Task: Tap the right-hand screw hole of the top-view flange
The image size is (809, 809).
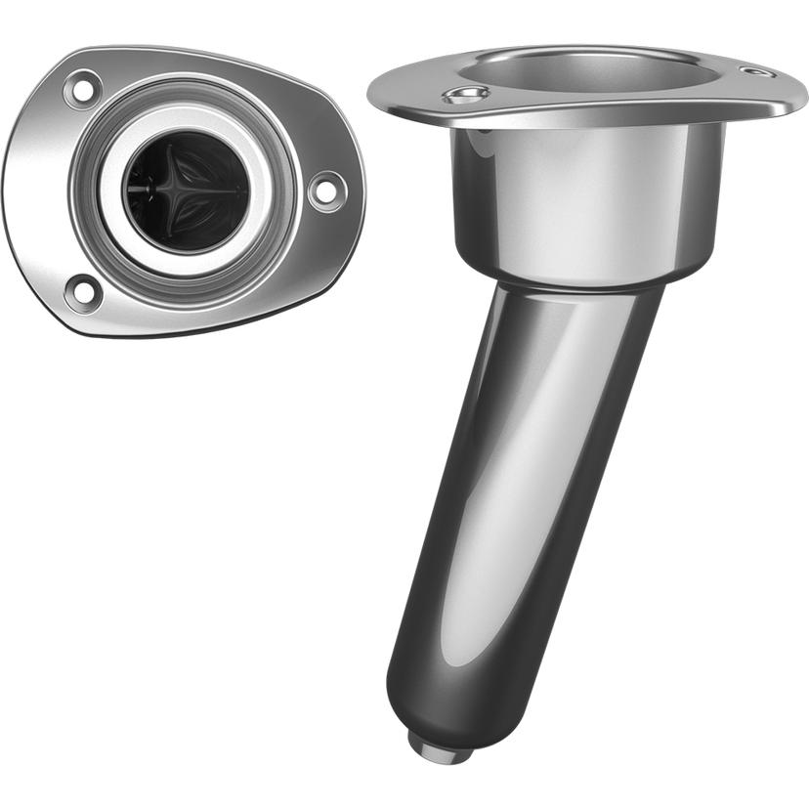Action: (325, 190)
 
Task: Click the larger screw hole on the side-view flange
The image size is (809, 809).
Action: (466, 95)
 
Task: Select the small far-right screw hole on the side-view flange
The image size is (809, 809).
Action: (755, 71)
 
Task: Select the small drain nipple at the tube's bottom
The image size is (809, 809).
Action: (439, 748)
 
